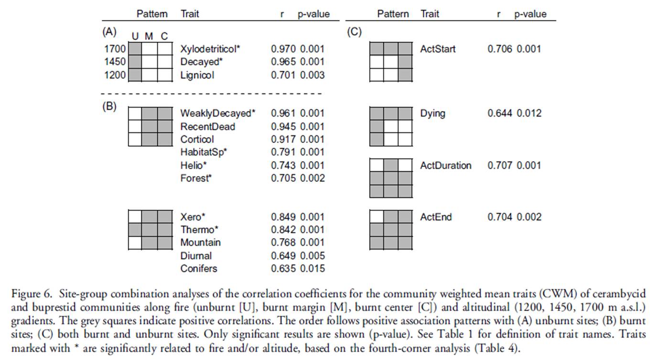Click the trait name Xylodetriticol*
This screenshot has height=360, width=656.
pyautogui.click(x=210, y=49)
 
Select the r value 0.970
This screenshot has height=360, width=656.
pyautogui.click(x=283, y=49)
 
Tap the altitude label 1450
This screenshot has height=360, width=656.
pyautogui.click(x=115, y=62)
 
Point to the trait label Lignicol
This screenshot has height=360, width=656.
pyautogui.click(x=197, y=75)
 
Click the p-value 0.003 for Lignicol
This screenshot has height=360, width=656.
pyautogui.click(x=312, y=75)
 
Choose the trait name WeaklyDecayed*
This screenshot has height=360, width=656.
pyautogui.click(x=218, y=113)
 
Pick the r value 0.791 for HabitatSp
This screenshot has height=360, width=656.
pyautogui.click(x=283, y=152)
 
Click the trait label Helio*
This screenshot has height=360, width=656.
pyautogui.click(x=194, y=165)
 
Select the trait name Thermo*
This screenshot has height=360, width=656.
pyautogui.click(x=199, y=229)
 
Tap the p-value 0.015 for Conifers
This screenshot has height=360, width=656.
pyautogui.click(x=312, y=269)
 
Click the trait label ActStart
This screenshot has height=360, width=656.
pyautogui.click(x=438, y=49)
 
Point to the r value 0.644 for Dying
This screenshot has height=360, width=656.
pyautogui.click(x=500, y=113)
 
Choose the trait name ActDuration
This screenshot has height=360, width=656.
pyautogui.click(x=446, y=165)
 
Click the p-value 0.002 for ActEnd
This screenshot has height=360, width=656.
pyautogui.click(x=529, y=217)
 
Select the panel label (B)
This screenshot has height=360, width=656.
pyautogui.click(x=109, y=107)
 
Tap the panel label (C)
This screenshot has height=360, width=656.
pyautogui.click(x=355, y=32)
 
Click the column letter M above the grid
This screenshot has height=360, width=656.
pyautogui.click(x=149, y=36)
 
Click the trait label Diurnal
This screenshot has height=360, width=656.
pyautogui.click(x=196, y=256)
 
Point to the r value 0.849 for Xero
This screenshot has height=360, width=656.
pyautogui.click(x=283, y=217)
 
